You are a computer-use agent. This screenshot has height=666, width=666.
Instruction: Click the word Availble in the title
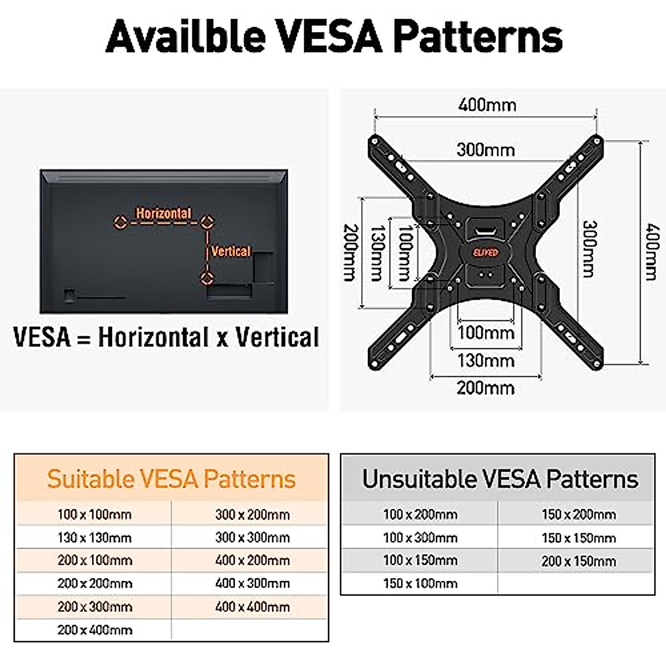tap(186, 37)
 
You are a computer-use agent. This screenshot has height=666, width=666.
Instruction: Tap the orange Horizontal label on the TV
tap(164, 213)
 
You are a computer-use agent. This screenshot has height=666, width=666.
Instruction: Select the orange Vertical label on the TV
tap(231, 251)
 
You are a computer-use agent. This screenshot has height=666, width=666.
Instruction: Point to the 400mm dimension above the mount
tap(487, 105)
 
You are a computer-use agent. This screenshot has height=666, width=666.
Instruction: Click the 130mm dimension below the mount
tap(486, 361)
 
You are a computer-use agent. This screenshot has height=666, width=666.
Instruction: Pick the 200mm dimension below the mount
tap(486, 387)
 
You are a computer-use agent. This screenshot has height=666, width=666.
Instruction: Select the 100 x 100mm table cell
tap(94, 514)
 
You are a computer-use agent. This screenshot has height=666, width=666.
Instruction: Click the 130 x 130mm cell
tap(94, 538)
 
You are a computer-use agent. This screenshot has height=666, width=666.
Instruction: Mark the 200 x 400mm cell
tap(94, 630)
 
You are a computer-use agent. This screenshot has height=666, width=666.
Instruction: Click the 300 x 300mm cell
tap(253, 538)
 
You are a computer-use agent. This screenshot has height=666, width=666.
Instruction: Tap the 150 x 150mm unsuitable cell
tap(578, 538)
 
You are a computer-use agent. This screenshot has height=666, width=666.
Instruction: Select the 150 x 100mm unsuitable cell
tap(420, 583)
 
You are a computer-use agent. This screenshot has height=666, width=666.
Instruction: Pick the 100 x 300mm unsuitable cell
tap(420, 538)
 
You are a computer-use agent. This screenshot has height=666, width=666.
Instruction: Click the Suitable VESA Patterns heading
tap(171, 479)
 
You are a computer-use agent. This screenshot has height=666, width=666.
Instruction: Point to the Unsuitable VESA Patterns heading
tap(500, 479)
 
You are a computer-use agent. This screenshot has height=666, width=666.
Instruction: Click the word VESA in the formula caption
tap(42, 337)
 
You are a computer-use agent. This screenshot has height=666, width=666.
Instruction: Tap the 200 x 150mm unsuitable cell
tap(578, 561)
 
